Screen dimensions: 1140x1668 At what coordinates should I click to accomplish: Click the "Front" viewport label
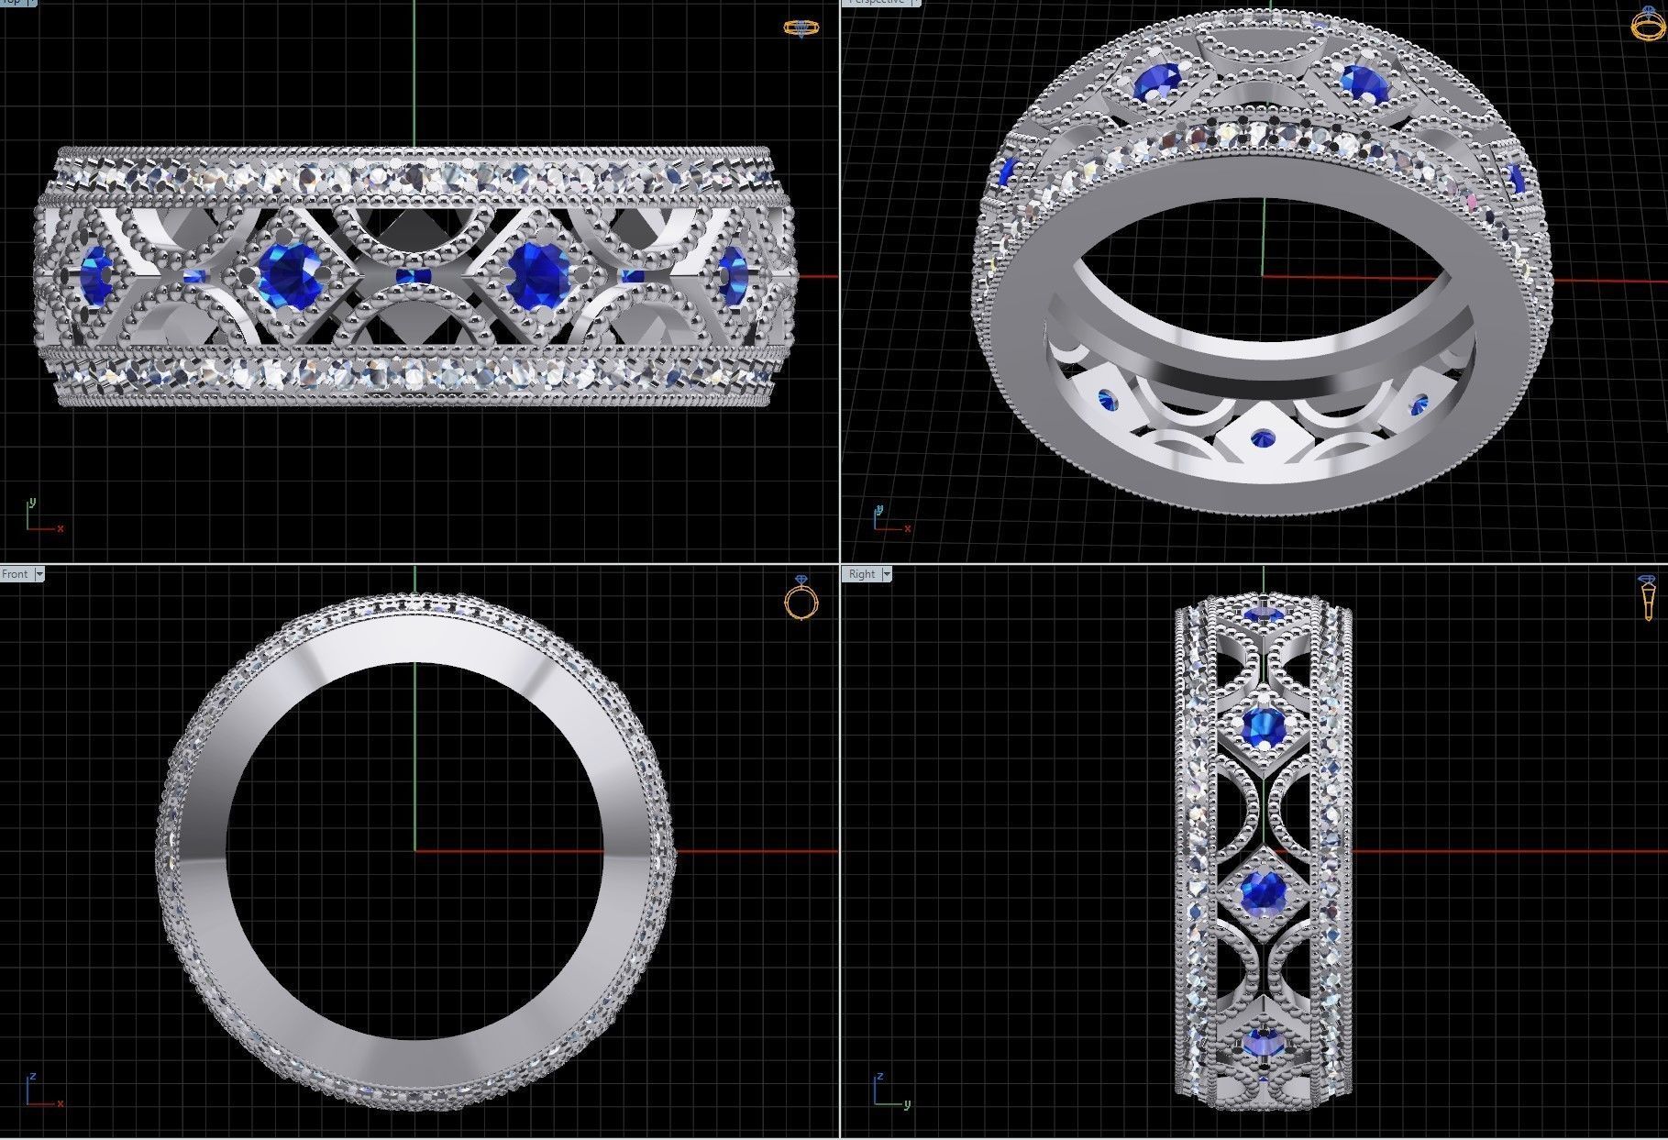(x=15, y=574)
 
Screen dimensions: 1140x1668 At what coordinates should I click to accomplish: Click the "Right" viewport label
(x=861, y=574)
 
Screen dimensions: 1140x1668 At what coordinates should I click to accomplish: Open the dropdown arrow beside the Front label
(x=39, y=574)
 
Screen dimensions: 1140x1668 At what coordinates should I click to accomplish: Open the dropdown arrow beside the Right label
(x=887, y=574)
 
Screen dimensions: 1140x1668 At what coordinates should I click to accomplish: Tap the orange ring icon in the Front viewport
(x=801, y=599)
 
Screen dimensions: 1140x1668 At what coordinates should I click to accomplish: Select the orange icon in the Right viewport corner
(x=1647, y=599)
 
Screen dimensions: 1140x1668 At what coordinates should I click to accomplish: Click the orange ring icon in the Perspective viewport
(x=1647, y=23)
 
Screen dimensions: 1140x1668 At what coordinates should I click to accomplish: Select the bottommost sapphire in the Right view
(x=1264, y=1042)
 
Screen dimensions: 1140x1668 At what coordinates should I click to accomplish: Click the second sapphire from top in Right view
(x=1264, y=727)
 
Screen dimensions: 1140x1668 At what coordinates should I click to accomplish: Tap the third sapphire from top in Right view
(x=1264, y=889)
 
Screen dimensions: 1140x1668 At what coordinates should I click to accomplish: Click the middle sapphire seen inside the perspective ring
(x=1263, y=437)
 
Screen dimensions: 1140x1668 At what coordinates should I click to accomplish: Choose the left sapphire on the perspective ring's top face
(x=1151, y=83)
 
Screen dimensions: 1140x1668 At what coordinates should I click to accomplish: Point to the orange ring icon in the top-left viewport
(x=801, y=28)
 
